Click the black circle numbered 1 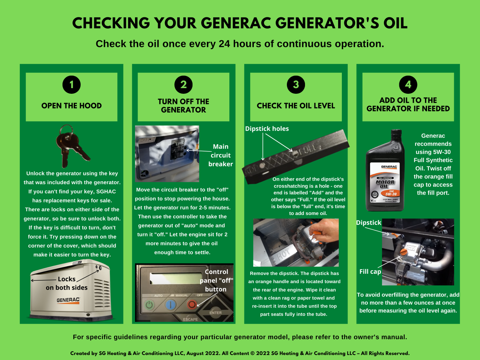click(x=72, y=85)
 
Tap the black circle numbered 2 click(x=183, y=85)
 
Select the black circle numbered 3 click(x=296, y=85)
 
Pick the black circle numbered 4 click(x=408, y=85)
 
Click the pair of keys click(x=71, y=146)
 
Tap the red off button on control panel click(x=192, y=304)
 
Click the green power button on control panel click(x=149, y=304)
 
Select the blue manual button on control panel click(x=170, y=304)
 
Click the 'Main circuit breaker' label click(x=220, y=155)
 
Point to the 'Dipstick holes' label click(x=267, y=129)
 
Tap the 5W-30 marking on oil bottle click(x=391, y=194)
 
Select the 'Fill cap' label click(x=370, y=272)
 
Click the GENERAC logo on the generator click(x=68, y=300)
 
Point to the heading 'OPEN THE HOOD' click(x=72, y=106)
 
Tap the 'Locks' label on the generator click(x=67, y=279)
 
